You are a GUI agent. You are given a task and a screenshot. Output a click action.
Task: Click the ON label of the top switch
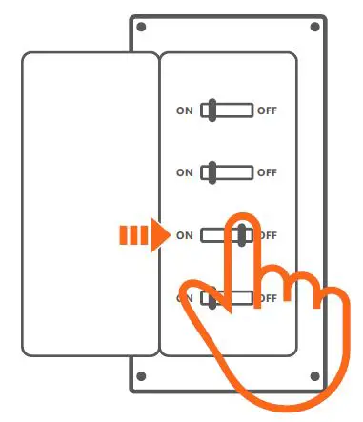point(185,111)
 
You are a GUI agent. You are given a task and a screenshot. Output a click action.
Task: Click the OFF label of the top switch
point(268,111)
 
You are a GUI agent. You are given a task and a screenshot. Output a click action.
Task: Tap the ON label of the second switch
point(185,172)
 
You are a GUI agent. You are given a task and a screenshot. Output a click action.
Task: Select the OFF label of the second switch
point(268,172)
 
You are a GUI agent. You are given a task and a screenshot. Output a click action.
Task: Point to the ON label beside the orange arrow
point(185,235)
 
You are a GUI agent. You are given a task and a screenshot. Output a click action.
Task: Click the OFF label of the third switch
point(269,235)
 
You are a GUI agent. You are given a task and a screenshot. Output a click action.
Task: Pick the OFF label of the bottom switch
point(268,298)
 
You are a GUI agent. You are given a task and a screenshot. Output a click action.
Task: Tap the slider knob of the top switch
point(214,111)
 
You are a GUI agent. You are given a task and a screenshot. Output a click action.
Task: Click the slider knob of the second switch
point(214,172)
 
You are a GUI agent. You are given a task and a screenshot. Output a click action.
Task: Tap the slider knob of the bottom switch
point(214,298)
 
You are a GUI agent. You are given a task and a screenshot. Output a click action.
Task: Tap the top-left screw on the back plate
point(141,28)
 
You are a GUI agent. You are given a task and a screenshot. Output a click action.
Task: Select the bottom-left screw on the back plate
point(141,375)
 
